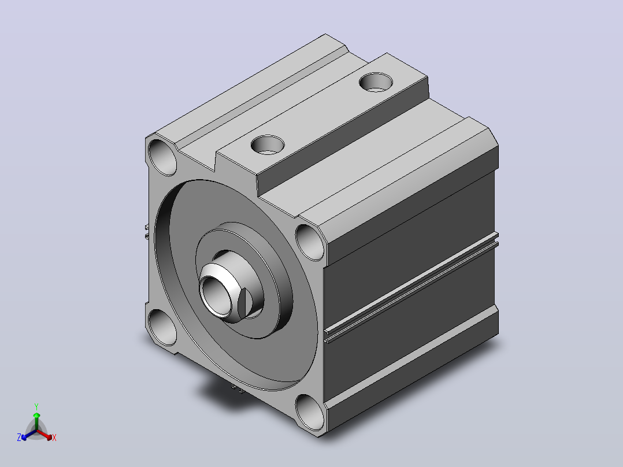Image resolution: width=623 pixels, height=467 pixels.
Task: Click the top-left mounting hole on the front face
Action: (162, 157)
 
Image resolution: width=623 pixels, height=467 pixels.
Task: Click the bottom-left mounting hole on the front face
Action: (162, 327)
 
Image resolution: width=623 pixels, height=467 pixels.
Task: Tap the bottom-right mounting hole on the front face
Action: (310, 413)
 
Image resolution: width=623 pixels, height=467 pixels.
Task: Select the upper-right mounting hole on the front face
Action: (310, 242)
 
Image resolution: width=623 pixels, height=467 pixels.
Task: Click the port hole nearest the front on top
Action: (268, 144)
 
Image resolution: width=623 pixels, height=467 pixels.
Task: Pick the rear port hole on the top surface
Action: (376, 82)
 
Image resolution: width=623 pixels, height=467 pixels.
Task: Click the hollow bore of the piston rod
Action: (215, 296)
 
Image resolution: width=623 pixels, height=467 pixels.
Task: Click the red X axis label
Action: (54, 438)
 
